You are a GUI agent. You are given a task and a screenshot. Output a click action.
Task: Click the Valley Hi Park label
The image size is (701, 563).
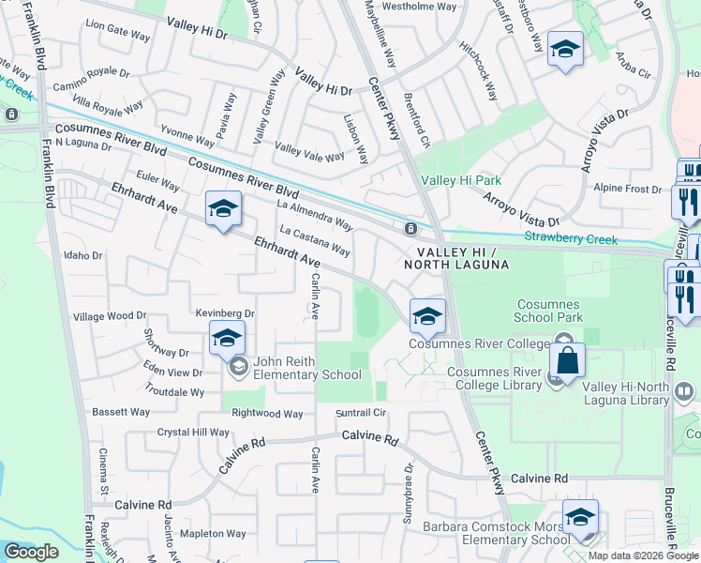click(461, 180)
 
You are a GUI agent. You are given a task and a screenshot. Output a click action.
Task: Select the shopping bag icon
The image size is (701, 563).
click(568, 359)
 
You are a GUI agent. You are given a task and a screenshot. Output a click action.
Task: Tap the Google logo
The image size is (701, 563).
click(31, 552)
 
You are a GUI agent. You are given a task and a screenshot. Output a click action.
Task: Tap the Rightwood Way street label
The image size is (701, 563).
click(267, 413)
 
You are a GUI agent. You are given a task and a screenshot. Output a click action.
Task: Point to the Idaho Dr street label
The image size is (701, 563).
click(82, 254)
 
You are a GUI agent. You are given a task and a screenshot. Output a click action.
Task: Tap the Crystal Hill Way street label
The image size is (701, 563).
click(193, 433)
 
